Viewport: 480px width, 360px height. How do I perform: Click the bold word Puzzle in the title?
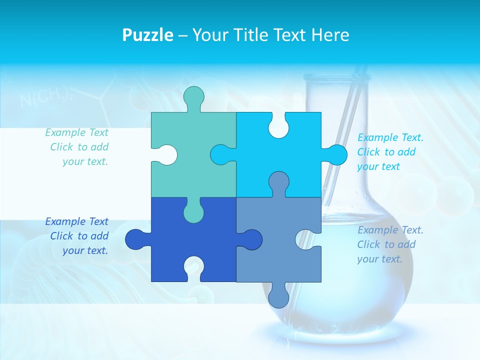pyautogui.click(x=147, y=35)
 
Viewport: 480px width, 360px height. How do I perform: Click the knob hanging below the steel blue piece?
pyautogui.click(x=278, y=296)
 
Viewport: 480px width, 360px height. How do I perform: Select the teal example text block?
pyautogui.click(x=78, y=147)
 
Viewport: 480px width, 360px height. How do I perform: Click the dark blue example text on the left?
pyautogui.click(x=78, y=236)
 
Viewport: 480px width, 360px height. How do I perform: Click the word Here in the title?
pyautogui.click(x=330, y=35)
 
